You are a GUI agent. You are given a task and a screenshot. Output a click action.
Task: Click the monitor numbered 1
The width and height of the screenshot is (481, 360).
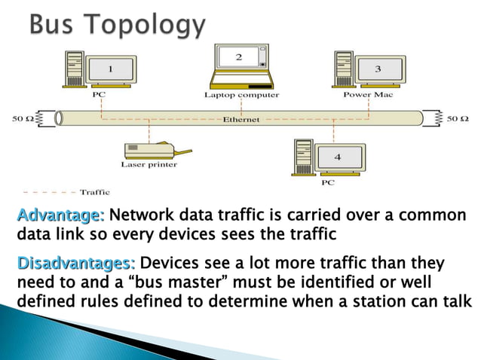click(112, 69)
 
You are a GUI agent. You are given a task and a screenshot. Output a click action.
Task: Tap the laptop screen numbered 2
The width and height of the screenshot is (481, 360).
click(239, 57)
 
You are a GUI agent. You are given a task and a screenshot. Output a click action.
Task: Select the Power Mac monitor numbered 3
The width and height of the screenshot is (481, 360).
click(378, 69)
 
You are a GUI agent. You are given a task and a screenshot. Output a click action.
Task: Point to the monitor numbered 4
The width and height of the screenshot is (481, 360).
click(338, 156)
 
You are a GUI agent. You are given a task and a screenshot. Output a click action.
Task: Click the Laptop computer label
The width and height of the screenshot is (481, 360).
click(241, 96)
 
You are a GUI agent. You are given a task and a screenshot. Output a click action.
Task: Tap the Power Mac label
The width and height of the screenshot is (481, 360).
click(368, 95)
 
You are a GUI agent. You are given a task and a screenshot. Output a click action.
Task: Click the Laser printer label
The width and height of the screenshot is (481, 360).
click(149, 164)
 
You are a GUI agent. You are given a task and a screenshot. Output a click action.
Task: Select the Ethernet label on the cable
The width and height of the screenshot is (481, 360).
click(241, 119)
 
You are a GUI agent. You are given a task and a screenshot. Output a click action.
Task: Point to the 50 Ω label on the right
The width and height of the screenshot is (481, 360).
click(458, 118)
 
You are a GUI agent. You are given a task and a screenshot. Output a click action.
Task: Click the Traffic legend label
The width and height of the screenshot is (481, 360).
click(95, 191)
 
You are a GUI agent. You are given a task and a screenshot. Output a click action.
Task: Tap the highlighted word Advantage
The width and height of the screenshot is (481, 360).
click(60, 215)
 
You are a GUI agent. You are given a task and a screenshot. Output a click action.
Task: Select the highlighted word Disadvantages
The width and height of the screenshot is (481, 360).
click(75, 264)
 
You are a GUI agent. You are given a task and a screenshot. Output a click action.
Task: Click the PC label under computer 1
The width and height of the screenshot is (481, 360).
click(99, 96)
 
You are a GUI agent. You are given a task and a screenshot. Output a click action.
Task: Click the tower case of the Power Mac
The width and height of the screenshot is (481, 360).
click(343, 69)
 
